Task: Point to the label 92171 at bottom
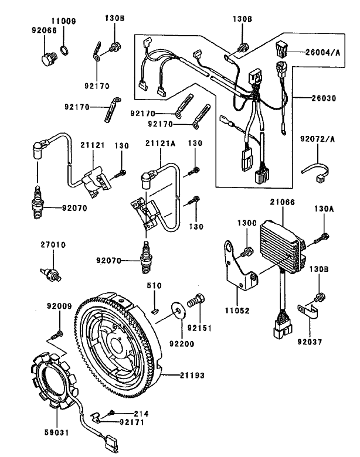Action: (x=132, y=421)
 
